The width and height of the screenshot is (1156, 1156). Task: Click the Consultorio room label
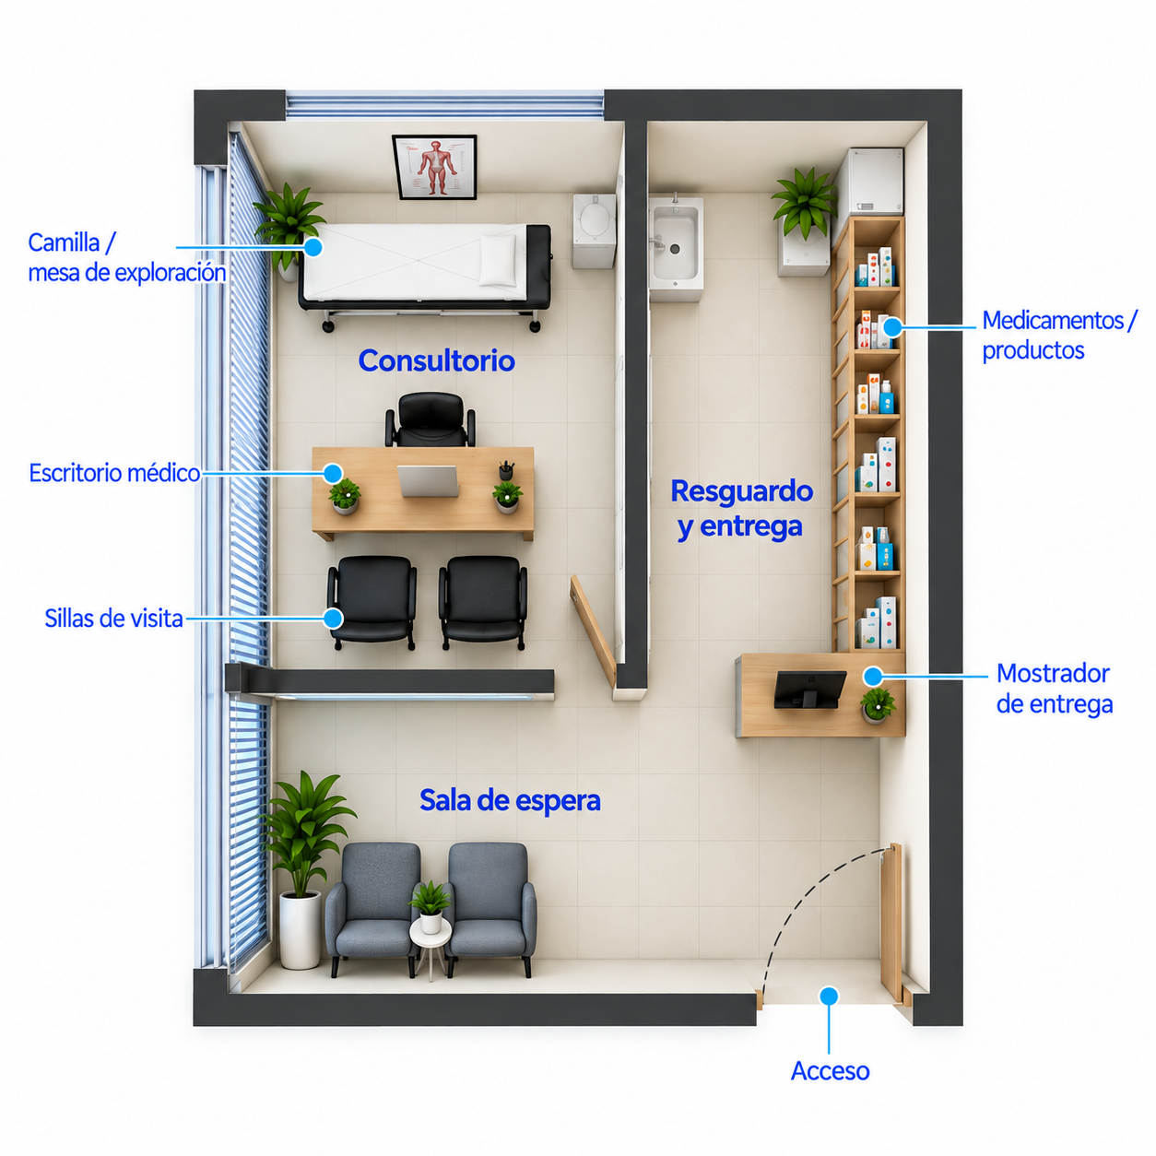coord(436,360)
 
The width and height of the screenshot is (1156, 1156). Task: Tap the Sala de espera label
coord(510,799)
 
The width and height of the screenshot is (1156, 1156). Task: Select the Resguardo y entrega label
coord(741,509)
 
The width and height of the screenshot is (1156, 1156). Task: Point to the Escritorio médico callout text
coord(114,473)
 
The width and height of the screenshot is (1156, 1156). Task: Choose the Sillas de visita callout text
coord(113,619)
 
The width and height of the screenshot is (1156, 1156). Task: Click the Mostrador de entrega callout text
coord(1054,689)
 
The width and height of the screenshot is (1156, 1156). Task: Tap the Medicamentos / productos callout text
coord(1059,336)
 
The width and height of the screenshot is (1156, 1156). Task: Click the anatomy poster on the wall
coord(434,167)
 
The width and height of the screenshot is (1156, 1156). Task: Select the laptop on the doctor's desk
coord(429,481)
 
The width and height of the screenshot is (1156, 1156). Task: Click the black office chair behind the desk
coord(430,419)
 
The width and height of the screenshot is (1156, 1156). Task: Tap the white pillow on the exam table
coord(498,260)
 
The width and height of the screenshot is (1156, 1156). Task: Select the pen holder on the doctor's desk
coord(506,470)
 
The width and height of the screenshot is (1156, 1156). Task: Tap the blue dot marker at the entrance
coord(829,996)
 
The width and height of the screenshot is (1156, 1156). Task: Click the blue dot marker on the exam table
coord(313,247)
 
